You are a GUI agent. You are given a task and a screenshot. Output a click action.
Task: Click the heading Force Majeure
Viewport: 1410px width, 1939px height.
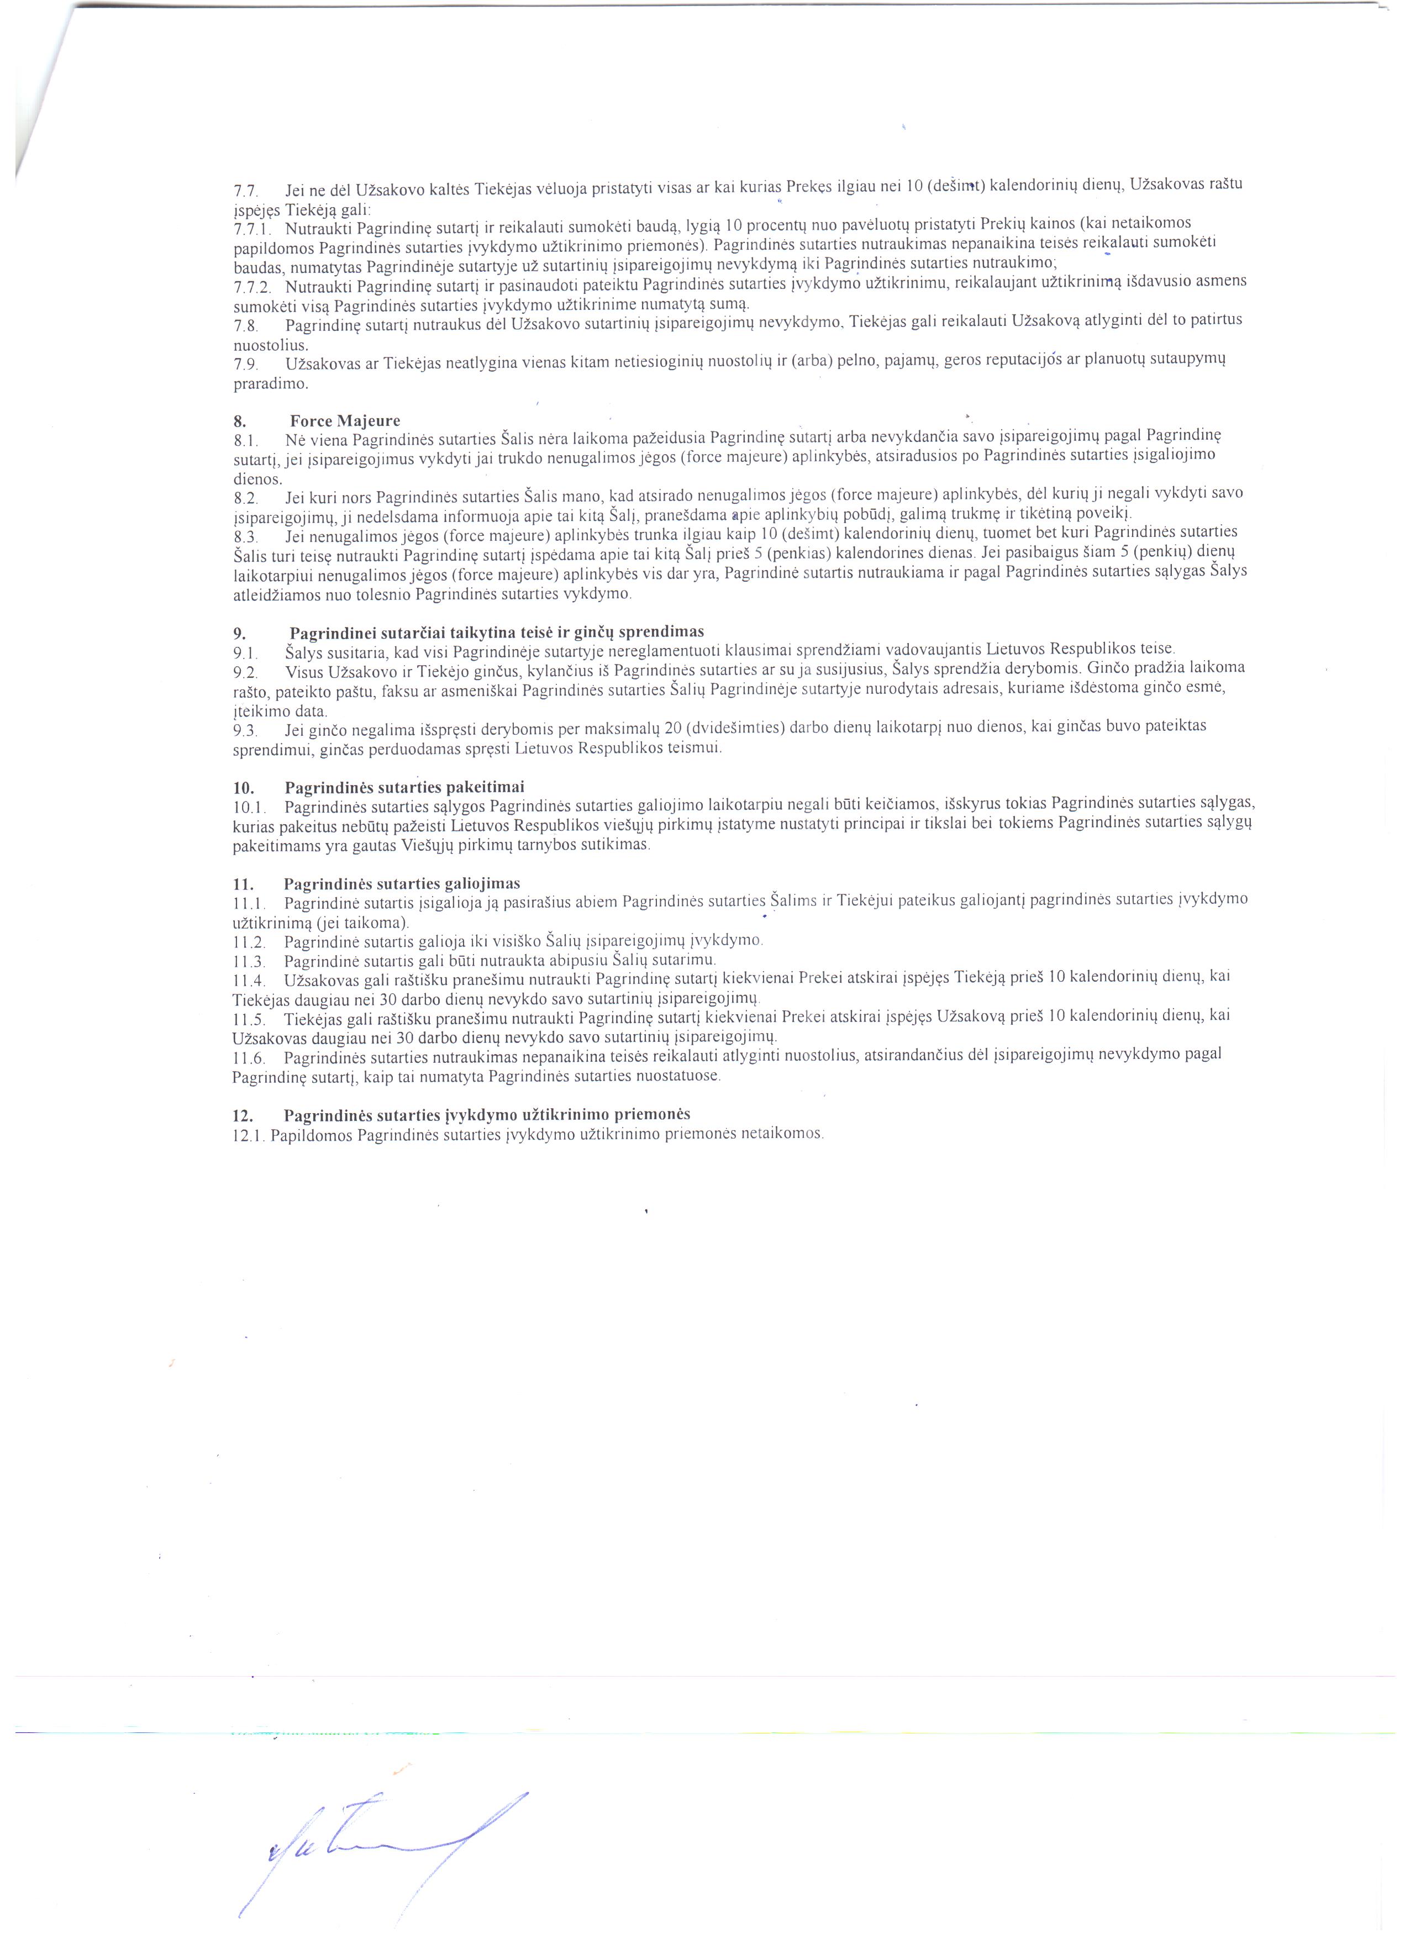pyautogui.click(x=345, y=420)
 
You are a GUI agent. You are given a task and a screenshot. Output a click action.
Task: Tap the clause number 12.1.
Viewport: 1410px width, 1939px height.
pyautogui.click(x=249, y=1135)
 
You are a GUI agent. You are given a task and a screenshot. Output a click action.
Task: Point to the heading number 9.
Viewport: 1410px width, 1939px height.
pyautogui.click(x=239, y=634)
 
